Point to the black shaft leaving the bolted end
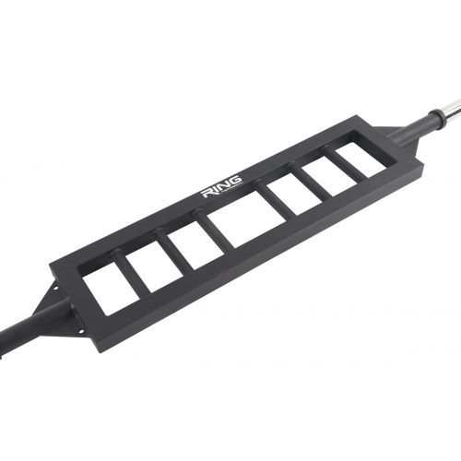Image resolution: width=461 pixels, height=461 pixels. [x=18, y=332]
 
